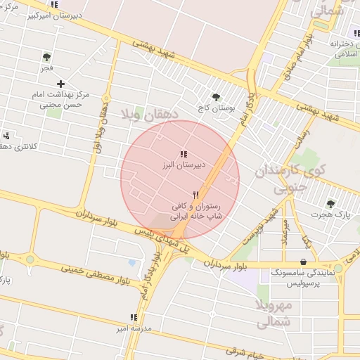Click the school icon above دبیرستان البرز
coord(184,154)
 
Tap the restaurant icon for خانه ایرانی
coord(196,195)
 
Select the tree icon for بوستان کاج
coord(215,98)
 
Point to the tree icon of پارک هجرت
coord(330,203)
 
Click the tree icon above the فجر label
coord(46,57)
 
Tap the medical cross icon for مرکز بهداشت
coord(60,84)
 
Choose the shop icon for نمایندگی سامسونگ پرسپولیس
coord(303,262)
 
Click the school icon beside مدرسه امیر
coord(134,317)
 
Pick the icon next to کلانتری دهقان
coord(6,135)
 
